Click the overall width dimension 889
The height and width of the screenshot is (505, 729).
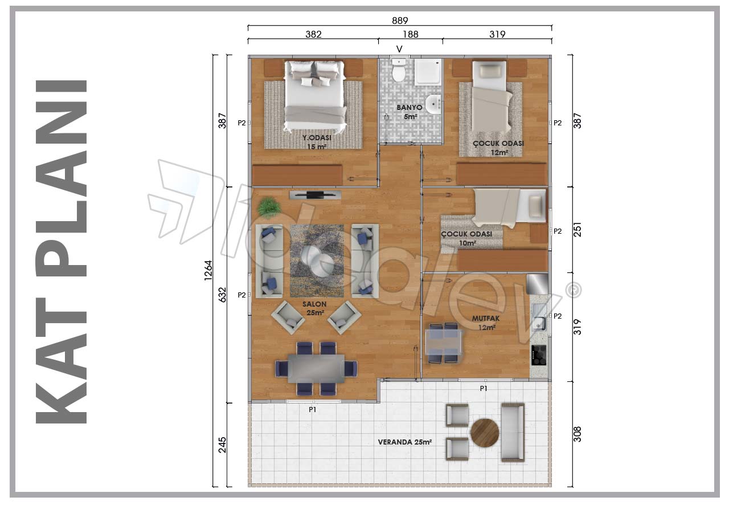[x=400, y=21]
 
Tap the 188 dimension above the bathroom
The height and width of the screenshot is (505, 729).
[x=411, y=34]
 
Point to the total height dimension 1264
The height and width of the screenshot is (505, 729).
[x=208, y=270]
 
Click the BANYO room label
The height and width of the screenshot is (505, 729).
[x=409, y=108]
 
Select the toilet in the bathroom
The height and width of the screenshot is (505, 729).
[x=398, y=70]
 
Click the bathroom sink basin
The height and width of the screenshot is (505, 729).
[x=433, y=104]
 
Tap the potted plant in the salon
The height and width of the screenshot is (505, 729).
[x=269, y=207]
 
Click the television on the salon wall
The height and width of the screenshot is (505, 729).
[x=315, y=195]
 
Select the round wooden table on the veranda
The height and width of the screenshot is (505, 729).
[x=485, y=433]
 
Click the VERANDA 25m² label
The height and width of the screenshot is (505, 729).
[x=404, y=442]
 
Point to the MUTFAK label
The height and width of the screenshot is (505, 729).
[x=486, y=318]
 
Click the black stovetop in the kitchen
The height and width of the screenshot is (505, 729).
[x=539, y=355]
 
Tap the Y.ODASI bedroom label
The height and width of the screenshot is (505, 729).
[x=317, y=138]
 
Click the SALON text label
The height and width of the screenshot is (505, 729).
[x=314, y=304]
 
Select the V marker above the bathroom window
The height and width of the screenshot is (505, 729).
[x=399, y=49]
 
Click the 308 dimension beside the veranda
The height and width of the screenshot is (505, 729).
[x=577, y=434]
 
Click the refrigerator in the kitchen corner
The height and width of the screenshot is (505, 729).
[x=537, y=284]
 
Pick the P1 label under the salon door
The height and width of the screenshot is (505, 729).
[x=313, y=410]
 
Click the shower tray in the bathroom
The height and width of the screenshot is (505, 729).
[x=428, y=72]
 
